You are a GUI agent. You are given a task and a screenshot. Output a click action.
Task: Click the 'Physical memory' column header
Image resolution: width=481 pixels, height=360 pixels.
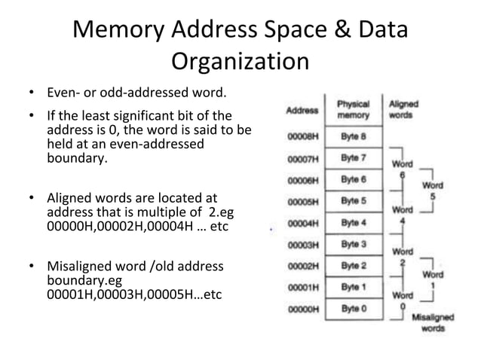coord(353,110)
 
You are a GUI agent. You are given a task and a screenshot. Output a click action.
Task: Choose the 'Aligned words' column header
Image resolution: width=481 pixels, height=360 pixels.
coord(403,110)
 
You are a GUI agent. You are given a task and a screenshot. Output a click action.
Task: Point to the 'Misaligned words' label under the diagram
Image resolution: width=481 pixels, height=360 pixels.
coord(433,323)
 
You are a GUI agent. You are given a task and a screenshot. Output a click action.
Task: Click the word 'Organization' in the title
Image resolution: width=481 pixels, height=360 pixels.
coord(240,61)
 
